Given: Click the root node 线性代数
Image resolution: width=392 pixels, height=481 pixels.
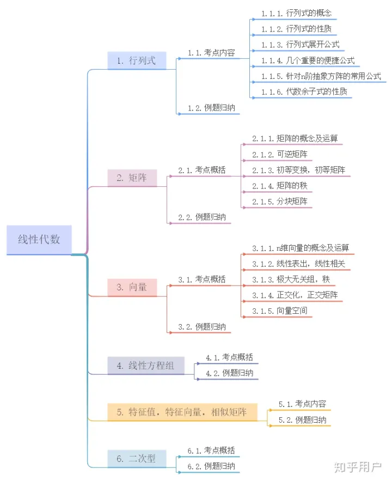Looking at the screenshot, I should pos(39,240).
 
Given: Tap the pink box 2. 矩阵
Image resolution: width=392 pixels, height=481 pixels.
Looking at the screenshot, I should pos(132,178).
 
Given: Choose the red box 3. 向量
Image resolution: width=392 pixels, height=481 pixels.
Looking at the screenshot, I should pos(132,287).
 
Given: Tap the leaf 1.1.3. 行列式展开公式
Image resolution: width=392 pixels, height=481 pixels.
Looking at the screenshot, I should pos(300,44).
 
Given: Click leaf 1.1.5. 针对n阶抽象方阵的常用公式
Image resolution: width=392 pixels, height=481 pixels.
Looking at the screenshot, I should pos(321,76).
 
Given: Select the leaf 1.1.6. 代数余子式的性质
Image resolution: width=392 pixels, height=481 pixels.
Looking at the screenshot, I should pos(304,92).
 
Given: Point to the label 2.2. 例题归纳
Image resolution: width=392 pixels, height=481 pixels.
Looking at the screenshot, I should pos(201,217).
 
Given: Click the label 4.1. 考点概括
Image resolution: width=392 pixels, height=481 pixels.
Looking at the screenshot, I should pos(229,357).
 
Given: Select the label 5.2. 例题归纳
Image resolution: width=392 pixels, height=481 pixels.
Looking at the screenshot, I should pos(302,420).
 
